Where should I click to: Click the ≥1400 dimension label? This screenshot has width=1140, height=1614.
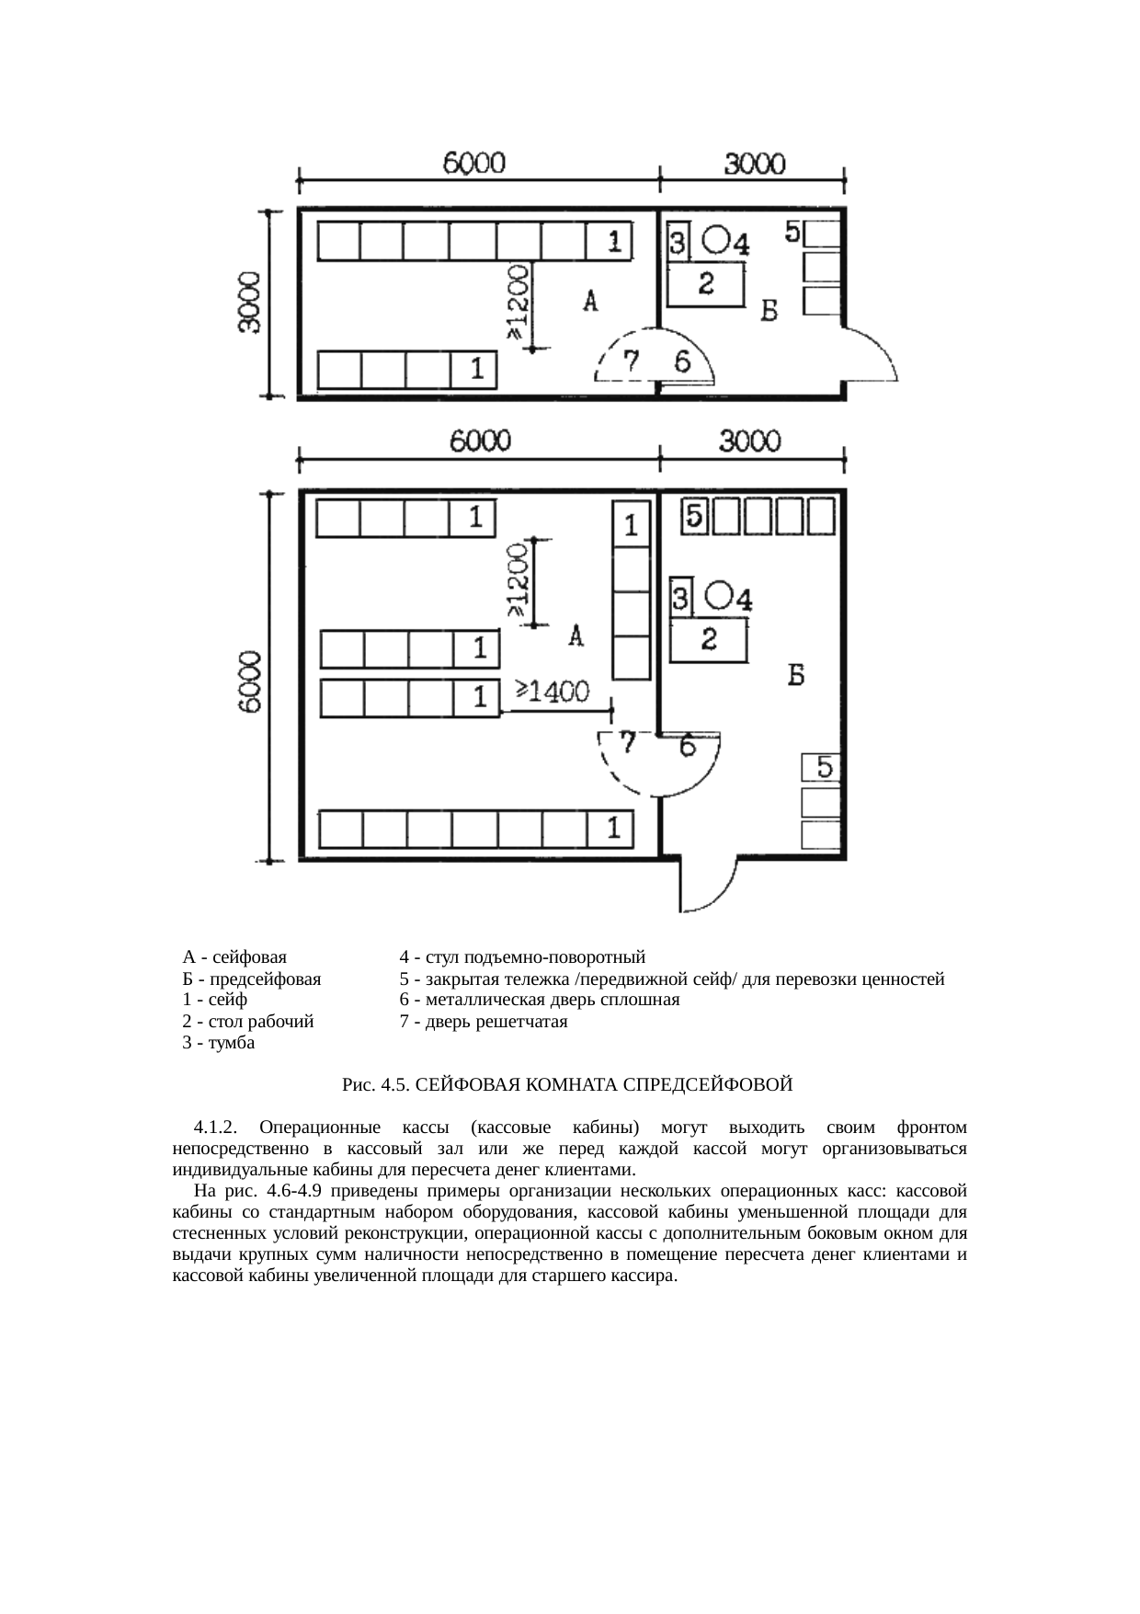(553, 692)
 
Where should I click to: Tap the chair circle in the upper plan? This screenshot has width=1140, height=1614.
(716, 240)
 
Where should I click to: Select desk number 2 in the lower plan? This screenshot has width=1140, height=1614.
(709, 640)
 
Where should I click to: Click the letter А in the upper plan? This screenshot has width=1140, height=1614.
(590, 302)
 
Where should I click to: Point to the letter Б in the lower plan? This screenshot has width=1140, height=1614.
(796, 676)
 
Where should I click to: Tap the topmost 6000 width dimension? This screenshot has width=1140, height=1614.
(474, 164)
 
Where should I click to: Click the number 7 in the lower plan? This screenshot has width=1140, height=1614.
(628, 742)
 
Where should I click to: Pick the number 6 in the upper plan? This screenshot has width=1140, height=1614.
(682, 362)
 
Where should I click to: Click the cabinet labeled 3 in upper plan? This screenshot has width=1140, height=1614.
(678, 244)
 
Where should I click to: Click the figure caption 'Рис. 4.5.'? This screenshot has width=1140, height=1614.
(375, 1085)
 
